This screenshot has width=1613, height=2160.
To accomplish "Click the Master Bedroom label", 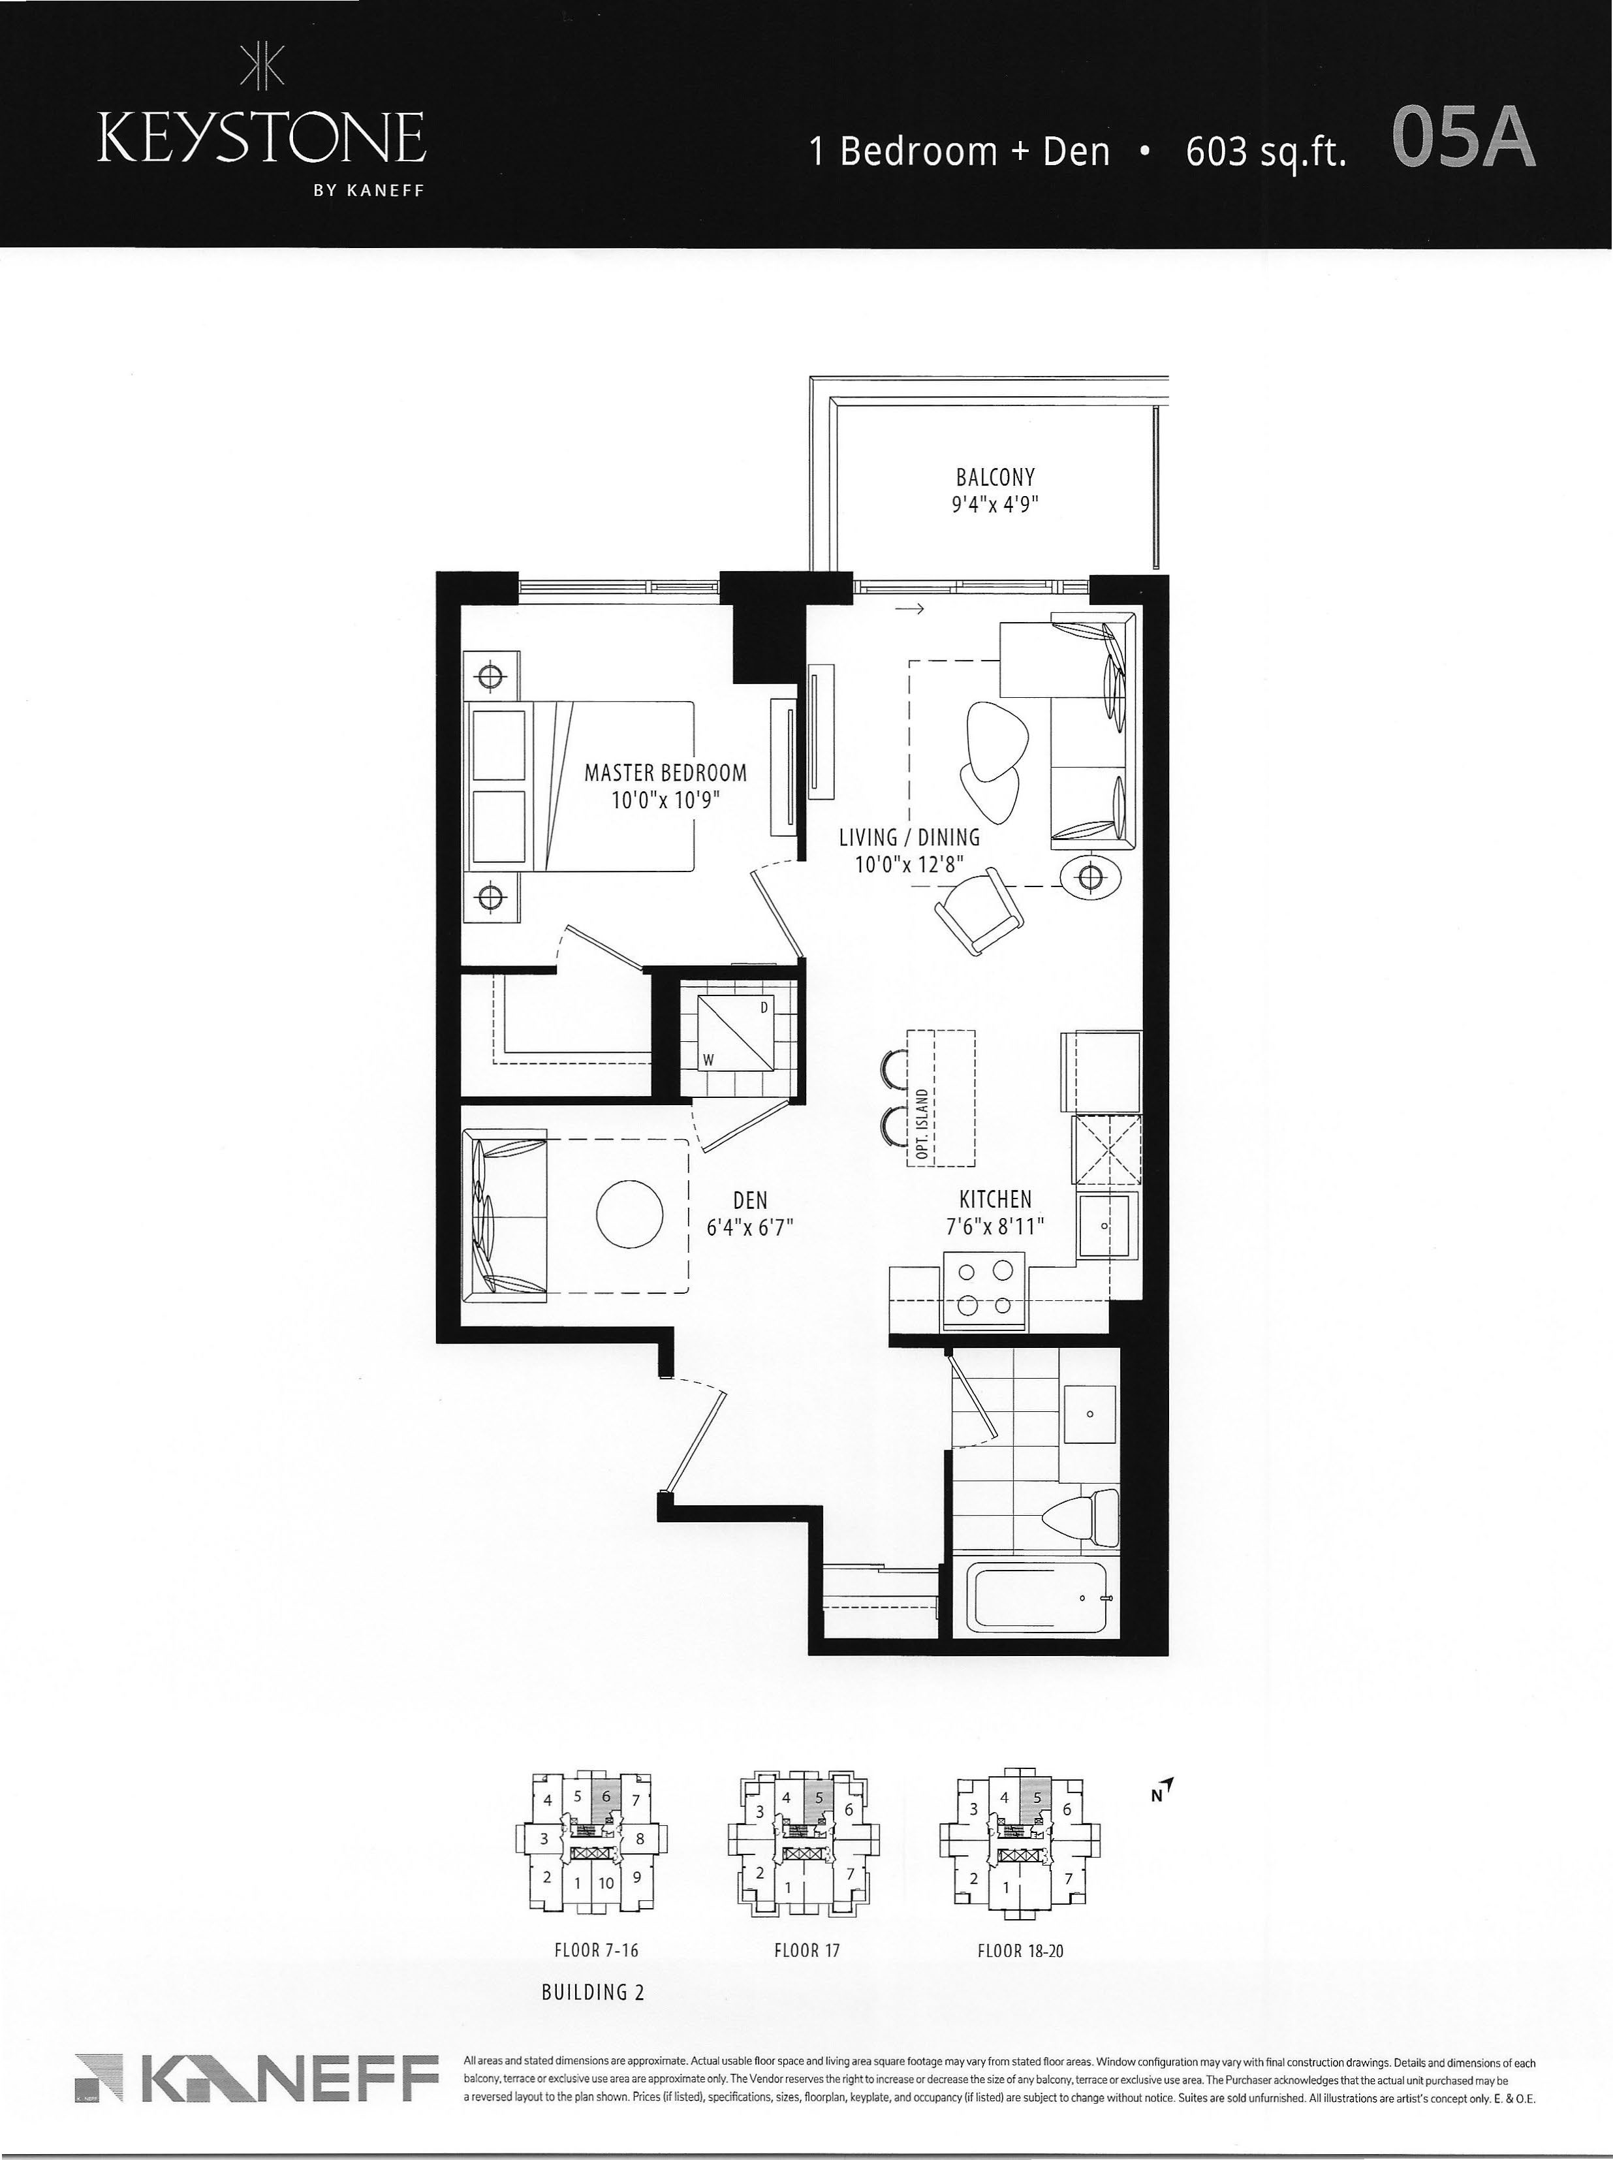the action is pyautogui.click(x=665, y=774).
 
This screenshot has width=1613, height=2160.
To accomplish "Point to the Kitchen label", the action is pyautogui.click(x=995, y=1198).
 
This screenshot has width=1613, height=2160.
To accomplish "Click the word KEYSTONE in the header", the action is pyautogui.click(x=262, y=140).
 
